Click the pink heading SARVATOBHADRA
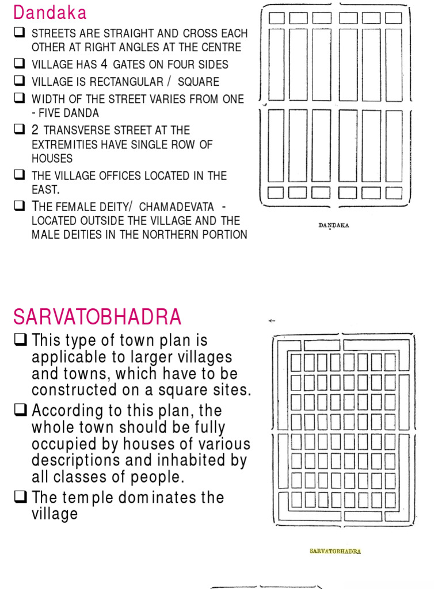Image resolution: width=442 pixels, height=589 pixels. [97, 317]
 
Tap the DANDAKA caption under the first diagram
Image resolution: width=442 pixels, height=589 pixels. [333, 225]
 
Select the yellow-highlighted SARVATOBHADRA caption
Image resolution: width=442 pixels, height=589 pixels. [335, 551]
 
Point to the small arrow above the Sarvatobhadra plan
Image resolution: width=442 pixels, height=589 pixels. [272, 321]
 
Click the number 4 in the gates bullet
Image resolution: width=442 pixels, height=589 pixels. [104, 64]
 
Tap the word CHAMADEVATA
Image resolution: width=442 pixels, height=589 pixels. [176, 206]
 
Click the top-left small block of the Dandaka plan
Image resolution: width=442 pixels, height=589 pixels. [277, 18]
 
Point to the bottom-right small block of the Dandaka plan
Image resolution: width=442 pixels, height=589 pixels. [394, 192]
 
